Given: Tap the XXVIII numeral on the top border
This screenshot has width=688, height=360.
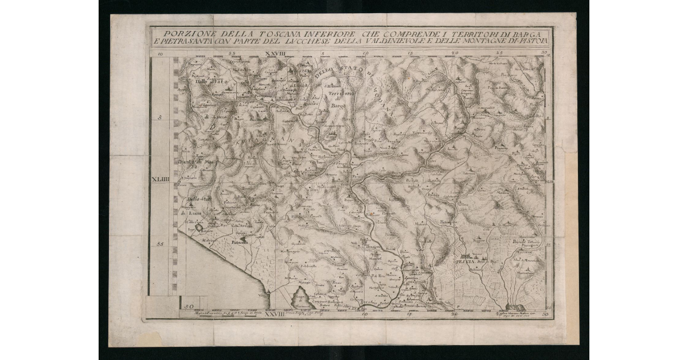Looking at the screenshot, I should (276, 53).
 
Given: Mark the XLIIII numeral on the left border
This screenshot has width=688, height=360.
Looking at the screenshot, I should (161, 179).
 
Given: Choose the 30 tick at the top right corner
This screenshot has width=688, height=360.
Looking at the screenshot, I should (544, 53).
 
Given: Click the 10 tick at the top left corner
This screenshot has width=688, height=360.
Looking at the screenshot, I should (161, 54).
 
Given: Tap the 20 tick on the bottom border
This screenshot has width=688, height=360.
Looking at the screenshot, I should (455, 314).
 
